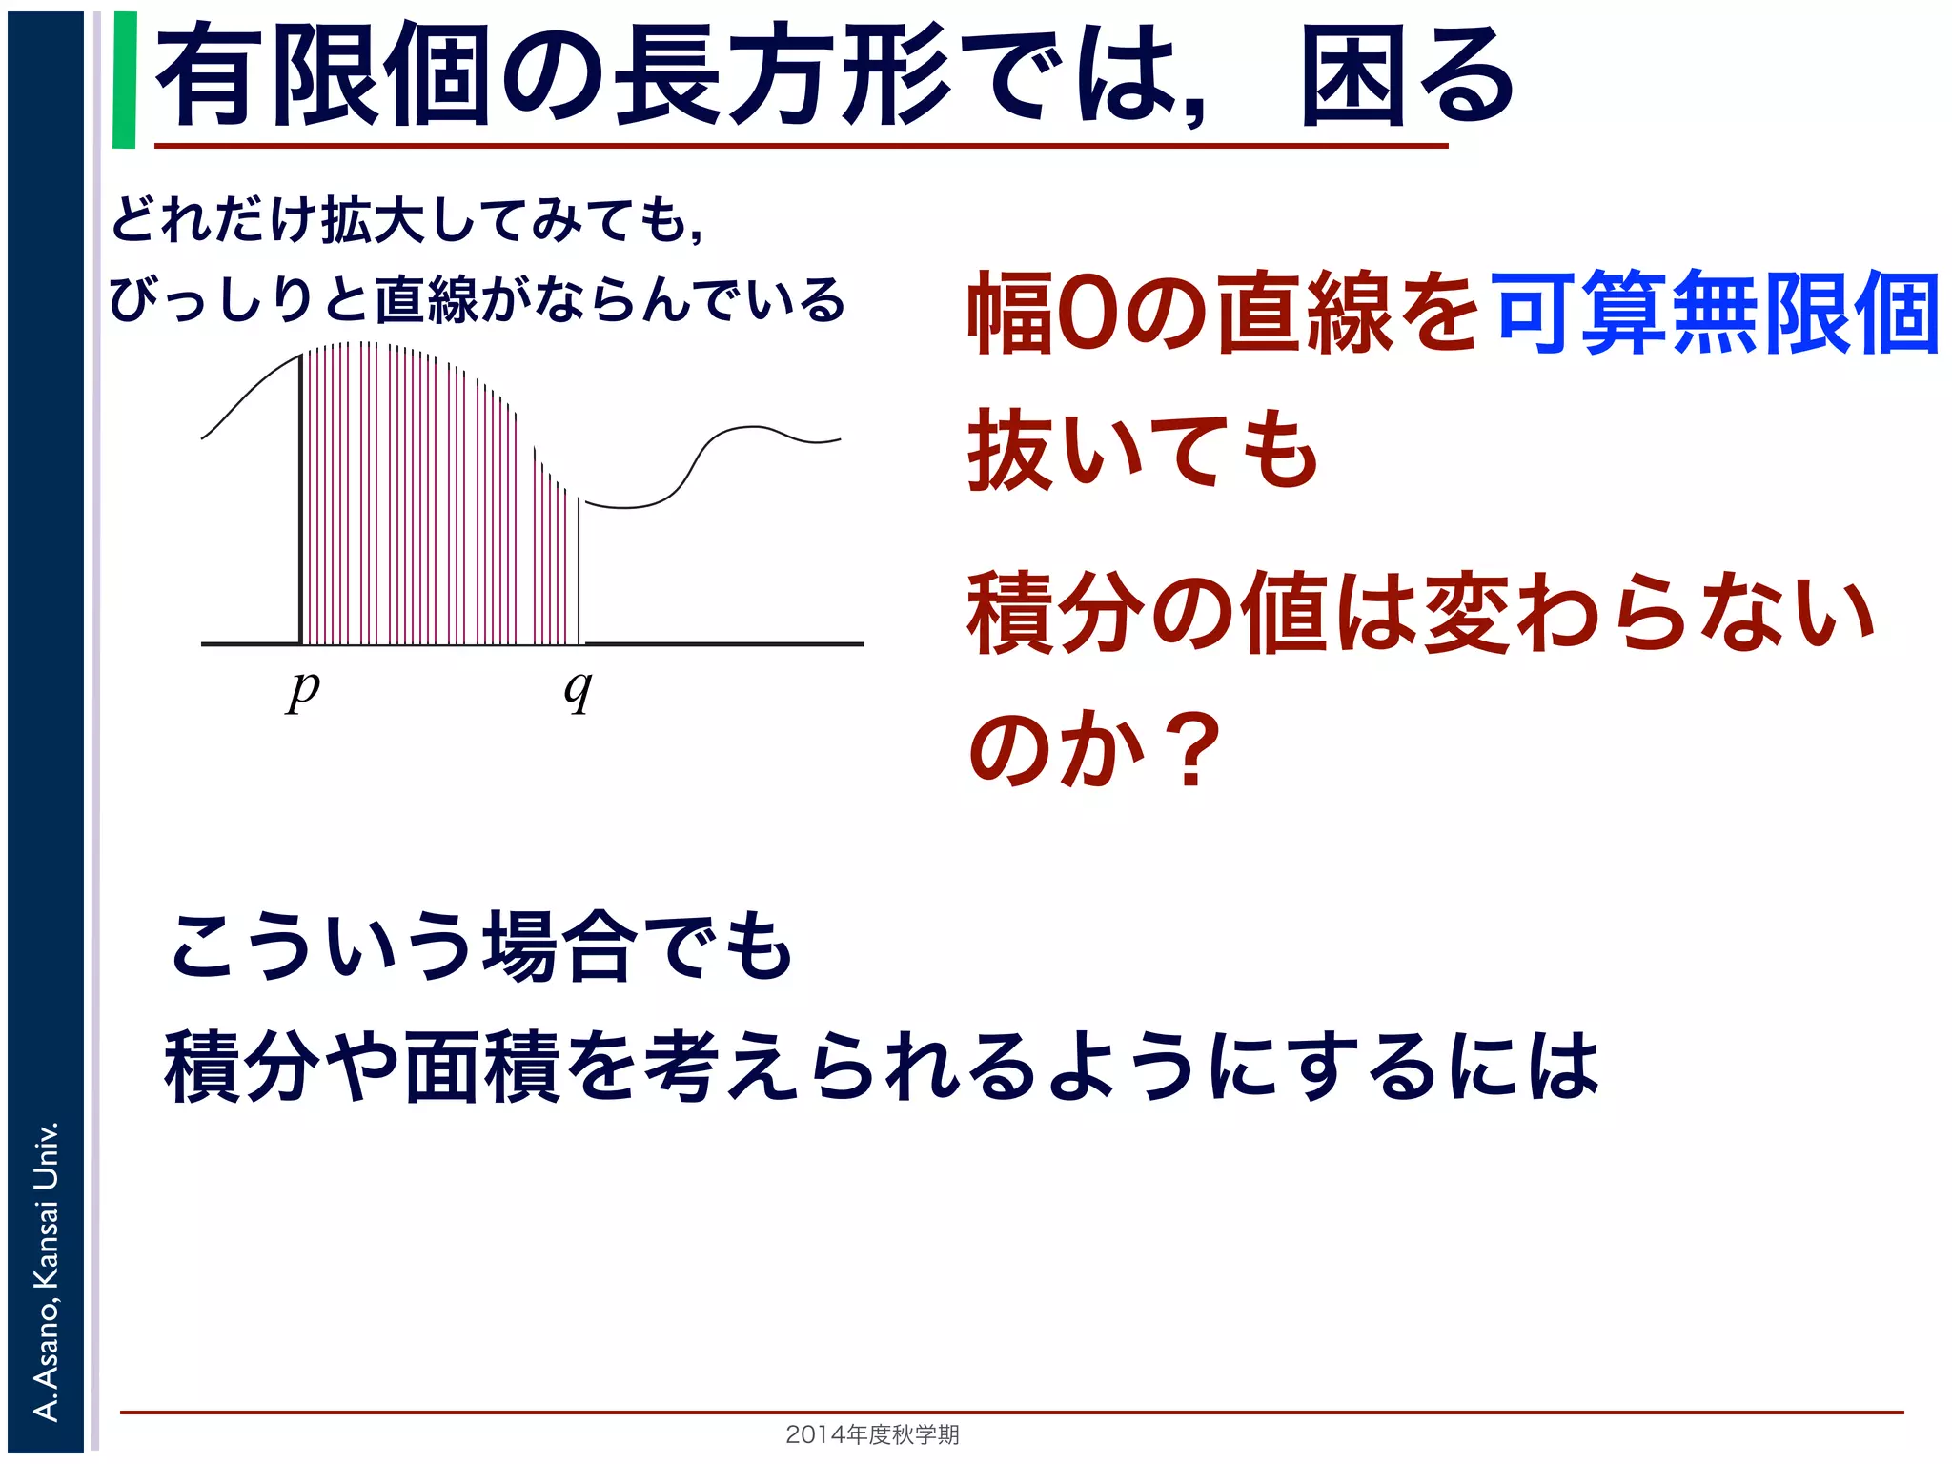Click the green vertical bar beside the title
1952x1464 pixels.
pos(124,80)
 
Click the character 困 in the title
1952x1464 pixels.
pos(1353,76)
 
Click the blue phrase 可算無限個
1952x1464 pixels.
pos(1716,313)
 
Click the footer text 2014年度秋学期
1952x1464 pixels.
pos(872,1433)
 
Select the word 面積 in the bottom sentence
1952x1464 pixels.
pos(482,1067)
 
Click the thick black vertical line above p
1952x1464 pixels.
pos(301,496)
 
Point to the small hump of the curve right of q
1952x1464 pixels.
pos(753,429)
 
